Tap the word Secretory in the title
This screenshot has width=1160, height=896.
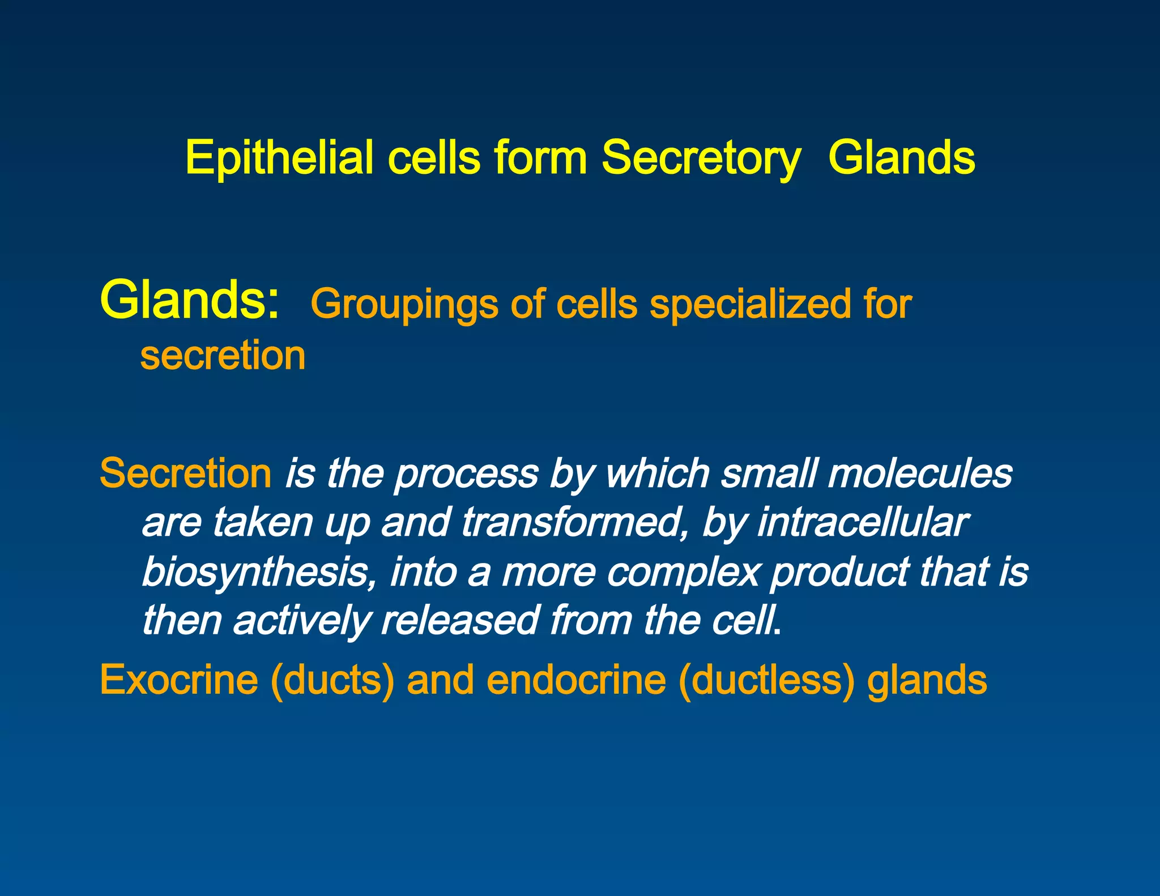(701, 158)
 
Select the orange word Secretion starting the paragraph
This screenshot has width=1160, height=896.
(186, 473)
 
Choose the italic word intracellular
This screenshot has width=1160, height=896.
(862, 522)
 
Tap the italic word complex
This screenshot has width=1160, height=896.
(683, 572)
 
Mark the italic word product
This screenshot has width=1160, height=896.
(840, 572)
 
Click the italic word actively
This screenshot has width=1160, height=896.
(301, 621)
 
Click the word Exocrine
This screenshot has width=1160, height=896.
(179, 680)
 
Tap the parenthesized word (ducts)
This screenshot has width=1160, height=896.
(332, 680)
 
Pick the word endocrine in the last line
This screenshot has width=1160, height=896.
(576, 680)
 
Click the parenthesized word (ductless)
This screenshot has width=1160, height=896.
(766, 680)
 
